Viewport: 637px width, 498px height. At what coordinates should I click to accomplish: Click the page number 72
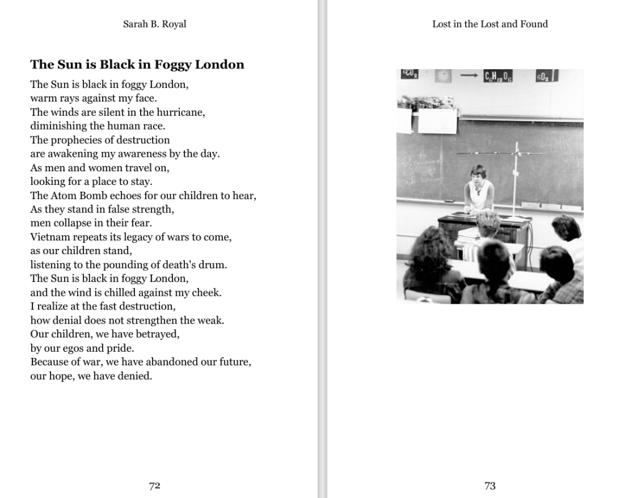coord(154,486)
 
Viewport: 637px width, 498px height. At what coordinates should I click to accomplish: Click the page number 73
coord(490,486)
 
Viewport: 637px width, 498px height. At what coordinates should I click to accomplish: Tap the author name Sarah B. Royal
coord(154,24)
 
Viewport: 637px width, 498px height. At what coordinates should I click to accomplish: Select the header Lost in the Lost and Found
coord(490,24)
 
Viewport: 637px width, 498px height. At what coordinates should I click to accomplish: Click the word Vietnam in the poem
coord(50,237)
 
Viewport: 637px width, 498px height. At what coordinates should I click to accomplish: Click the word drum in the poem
coord(215,265)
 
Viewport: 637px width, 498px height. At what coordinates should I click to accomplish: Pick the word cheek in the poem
coord(208,293)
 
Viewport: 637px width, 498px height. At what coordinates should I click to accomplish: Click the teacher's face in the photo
coord(478,174)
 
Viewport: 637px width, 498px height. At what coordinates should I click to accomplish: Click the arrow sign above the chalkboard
coord(469,75)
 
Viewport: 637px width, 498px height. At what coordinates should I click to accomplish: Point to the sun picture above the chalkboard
coord(443,76)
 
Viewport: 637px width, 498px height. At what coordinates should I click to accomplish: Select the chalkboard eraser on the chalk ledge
coord(448,201)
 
